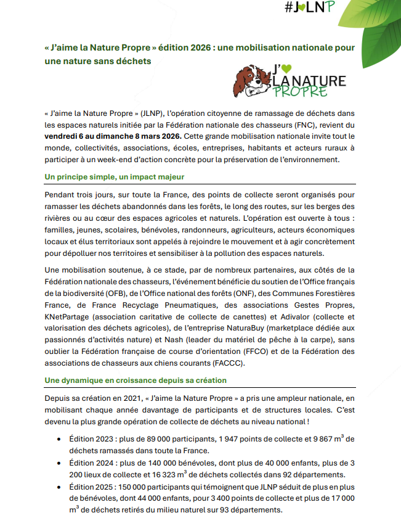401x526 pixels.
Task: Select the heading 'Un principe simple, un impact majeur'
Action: click(x=109, y=177)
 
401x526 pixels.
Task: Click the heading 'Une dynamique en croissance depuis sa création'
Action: click(x=136, y=380)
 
